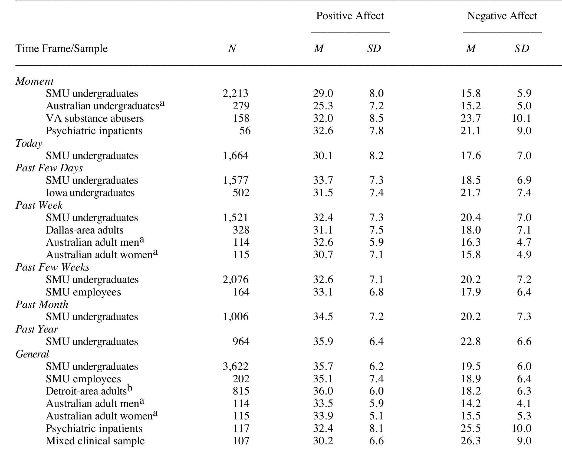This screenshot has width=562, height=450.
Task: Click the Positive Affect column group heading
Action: (350, 16)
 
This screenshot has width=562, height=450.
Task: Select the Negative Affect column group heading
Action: (502, 16)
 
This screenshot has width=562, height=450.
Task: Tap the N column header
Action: (232, 49)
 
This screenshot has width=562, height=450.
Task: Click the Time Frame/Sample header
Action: (62, 49)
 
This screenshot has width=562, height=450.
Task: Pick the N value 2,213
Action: (235, 93)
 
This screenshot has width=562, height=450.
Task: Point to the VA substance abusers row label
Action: (95, 118)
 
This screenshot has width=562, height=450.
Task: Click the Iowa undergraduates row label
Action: (90, 193)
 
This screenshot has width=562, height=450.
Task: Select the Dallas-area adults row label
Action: (85, 230)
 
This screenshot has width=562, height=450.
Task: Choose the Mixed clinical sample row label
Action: (95, 441)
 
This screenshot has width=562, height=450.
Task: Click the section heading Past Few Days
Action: (49, 168)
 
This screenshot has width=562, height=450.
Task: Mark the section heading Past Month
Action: (42, 305)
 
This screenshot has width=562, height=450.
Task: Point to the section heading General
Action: (32, 354)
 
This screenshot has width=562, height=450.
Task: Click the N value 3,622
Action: (235, 366)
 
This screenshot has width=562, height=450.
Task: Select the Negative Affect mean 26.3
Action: (471, 441)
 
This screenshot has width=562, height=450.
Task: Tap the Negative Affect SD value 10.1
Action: (521, 118)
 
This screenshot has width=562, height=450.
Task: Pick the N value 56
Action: (245, 131)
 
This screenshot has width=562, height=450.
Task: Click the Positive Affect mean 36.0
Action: (323, 391)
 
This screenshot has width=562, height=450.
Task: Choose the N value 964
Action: (241, 341)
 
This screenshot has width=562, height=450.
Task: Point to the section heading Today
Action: (29, 143)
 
